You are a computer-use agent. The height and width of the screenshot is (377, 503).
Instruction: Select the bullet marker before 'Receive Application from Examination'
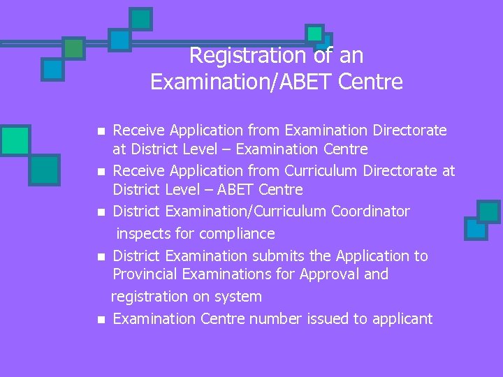click(x=101, y=131)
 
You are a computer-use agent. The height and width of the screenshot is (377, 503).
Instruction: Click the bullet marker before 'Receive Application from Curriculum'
click(x=101, y=171)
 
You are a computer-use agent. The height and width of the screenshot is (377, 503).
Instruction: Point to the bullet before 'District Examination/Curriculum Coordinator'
click(x=101, y=212)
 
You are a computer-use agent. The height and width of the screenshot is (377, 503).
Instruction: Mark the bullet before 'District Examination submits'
click(x=101, y=257)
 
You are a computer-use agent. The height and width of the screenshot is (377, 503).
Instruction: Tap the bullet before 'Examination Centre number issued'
click(x=101, y=320)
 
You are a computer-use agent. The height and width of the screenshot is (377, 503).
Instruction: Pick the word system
click(x=239, y=297)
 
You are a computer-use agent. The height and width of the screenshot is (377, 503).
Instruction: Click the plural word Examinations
click(x=231, y=274)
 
